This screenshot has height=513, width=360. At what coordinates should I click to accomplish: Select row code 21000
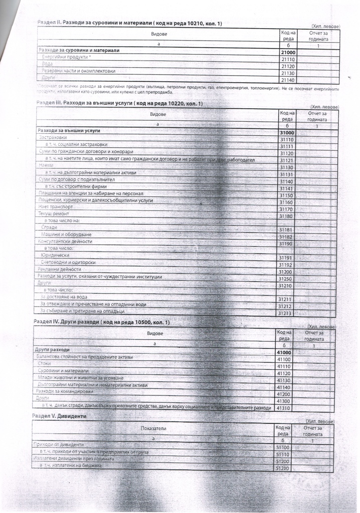pyautogui.click(x=288, y=52)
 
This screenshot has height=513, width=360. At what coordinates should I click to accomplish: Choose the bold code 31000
pyautogui.click(x=287, y=133)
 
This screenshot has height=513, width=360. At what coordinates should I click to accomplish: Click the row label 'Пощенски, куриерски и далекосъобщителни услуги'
pyautogui.click(x=96, y=200)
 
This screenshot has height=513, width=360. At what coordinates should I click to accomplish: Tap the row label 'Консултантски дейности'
pyautogui.click(x=65, y=241)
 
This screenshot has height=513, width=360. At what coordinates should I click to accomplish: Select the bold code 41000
pyautogui.click(x=284, y=353)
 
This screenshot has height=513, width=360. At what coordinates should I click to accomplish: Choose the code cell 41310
pyautogui.click(x=284, y=408)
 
